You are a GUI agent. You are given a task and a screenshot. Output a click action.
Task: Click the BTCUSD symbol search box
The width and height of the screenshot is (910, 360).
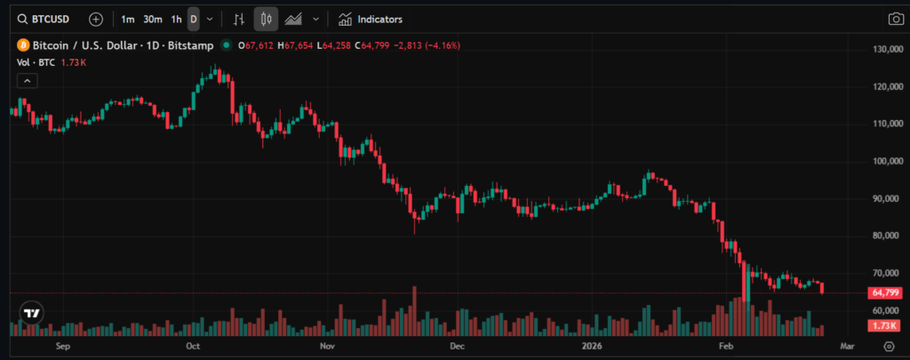click(44, 19)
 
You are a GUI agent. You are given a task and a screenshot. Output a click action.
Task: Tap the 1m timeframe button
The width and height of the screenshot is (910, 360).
click(128, 19)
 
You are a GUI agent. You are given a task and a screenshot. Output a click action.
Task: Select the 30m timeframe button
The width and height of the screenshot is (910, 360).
click(152, 19)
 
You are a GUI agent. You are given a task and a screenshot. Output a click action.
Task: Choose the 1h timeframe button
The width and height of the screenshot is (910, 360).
click(176, 19)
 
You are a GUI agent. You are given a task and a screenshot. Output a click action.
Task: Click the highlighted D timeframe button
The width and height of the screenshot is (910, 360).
click(194, 19)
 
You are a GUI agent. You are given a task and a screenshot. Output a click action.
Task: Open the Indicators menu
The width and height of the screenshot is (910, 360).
click(371, 19)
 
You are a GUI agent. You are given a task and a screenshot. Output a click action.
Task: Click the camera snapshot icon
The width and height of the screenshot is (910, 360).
click(895, 19)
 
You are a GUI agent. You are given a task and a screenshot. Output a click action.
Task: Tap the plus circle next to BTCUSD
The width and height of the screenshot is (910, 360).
click(96, 19)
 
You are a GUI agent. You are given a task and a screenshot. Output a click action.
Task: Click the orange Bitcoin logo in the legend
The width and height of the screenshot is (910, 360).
click(22, 45)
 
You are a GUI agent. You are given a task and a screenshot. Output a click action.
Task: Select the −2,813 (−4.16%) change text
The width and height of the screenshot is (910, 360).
click(422, 45)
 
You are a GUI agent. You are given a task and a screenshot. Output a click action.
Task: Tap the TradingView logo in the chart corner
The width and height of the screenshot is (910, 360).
click(32, 313)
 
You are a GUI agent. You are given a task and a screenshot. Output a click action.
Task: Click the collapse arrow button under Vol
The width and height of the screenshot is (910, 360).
click(28, 81)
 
